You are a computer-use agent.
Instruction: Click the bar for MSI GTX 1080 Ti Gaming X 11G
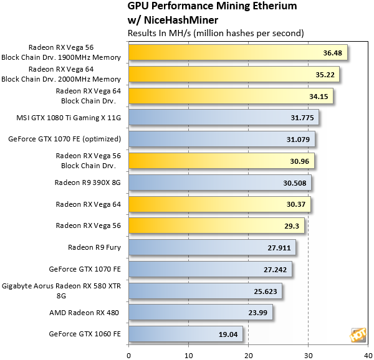(223, 117)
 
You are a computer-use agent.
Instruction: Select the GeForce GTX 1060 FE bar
(185, 334)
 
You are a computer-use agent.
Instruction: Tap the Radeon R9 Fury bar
(212, 247)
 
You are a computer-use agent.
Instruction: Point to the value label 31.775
(302, 118)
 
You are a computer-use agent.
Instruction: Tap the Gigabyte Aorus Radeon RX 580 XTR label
(62, 287)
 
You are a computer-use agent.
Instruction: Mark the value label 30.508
(295, 182)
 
